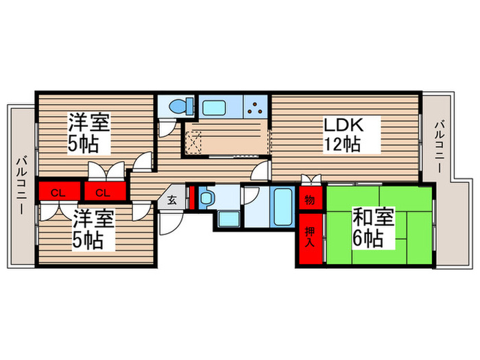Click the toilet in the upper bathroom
[x=177, y=106]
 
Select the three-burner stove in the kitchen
[x=256, y=107]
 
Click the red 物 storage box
[x=309, y=200]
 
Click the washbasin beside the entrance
[x=207, y=198]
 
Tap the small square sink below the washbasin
[x=228, y=219]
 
